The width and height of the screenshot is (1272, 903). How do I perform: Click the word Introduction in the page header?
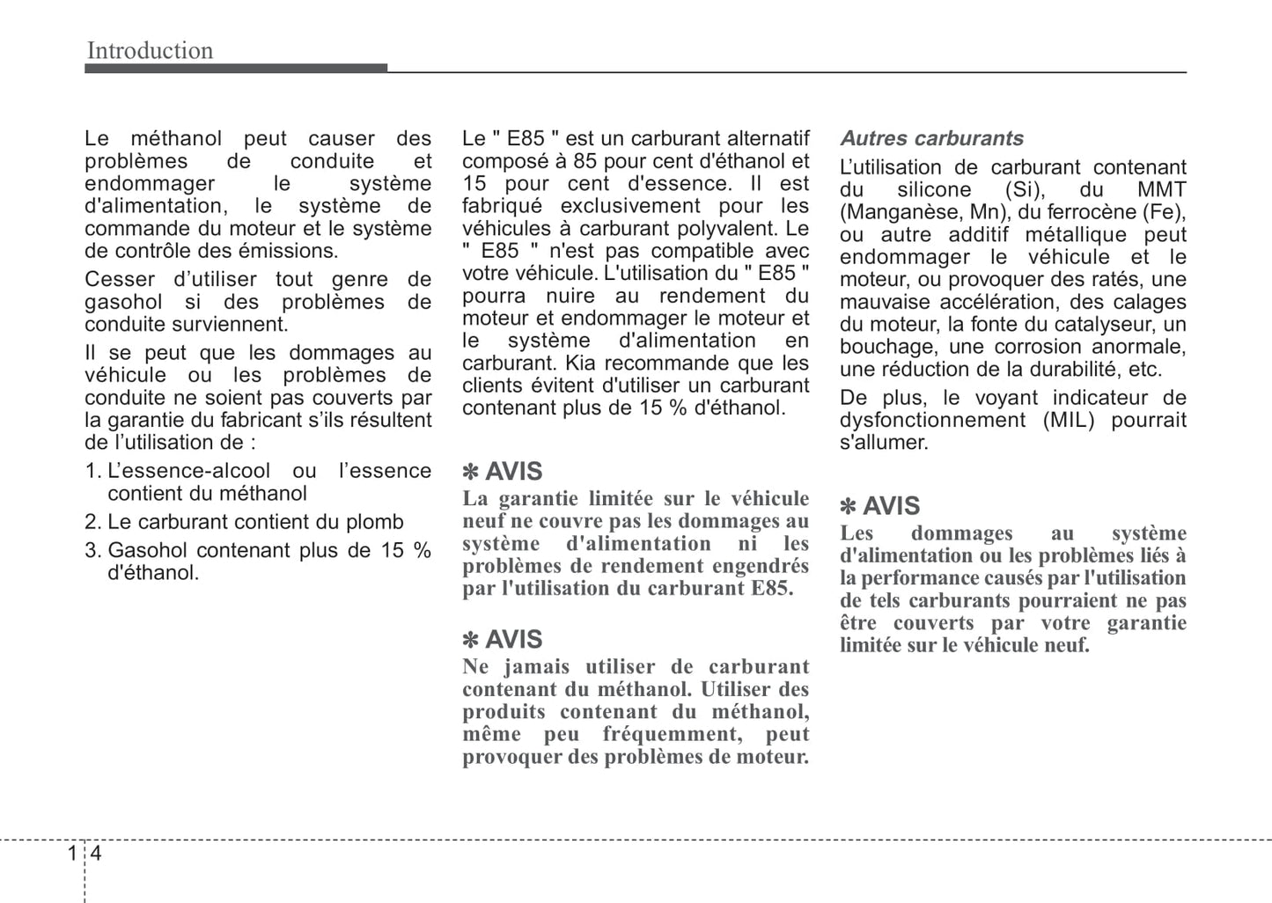click(150, 51)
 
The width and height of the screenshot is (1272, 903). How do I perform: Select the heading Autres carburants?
click(931, 138)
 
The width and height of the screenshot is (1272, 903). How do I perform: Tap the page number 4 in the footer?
click(96, 853)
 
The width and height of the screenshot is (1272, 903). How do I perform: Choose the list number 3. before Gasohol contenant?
click(93, 551)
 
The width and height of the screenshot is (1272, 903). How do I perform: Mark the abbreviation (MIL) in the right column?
click(1068, 421)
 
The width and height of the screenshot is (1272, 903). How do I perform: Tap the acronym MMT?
click(1161, 190)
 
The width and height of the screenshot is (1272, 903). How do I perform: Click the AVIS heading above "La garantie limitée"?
click(513, 472)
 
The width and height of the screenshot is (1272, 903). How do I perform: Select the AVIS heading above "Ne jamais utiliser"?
click(513, 640)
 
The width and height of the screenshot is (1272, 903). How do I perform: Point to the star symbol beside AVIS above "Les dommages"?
click(848, 507)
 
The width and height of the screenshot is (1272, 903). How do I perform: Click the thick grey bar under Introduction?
click(236, 69)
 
